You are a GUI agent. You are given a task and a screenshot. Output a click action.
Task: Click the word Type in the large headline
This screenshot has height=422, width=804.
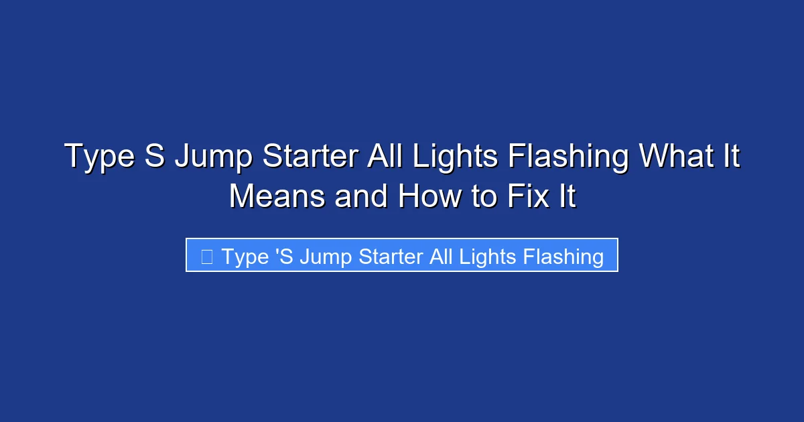coord(96,158)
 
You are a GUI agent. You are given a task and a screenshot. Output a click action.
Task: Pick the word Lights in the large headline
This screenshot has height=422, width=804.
coord(456,158)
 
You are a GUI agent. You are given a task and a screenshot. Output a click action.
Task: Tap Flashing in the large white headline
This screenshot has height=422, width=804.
coord(568,158)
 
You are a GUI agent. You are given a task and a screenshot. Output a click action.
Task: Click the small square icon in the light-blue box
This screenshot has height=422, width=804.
coord(207,256)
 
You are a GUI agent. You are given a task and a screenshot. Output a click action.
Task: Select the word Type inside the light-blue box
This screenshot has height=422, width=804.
coord(245,257)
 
